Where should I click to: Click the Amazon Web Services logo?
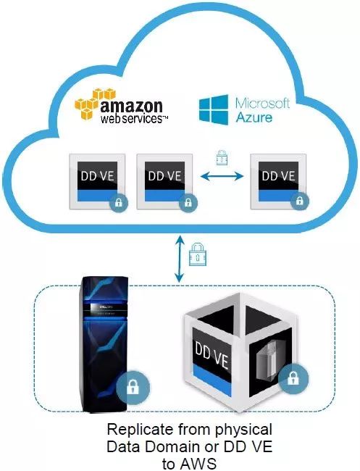click(121, 106)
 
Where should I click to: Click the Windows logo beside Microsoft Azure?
click(214, 110)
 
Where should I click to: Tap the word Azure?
click(254, 117)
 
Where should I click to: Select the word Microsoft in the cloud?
click(263, 103)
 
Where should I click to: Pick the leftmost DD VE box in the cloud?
click(97, 181)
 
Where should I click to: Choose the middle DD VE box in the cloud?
click(164, 181)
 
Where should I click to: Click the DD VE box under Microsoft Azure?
click(278, 181)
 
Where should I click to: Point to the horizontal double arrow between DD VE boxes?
click(222, 176)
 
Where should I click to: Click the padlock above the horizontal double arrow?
click(222, 157)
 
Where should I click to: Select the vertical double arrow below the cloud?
click(180, 259)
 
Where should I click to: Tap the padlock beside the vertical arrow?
click(198, 254)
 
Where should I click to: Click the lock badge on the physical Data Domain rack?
click(133, 387)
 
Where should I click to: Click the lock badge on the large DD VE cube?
click(293, 378)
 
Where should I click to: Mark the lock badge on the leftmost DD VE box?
click(119, 202)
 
